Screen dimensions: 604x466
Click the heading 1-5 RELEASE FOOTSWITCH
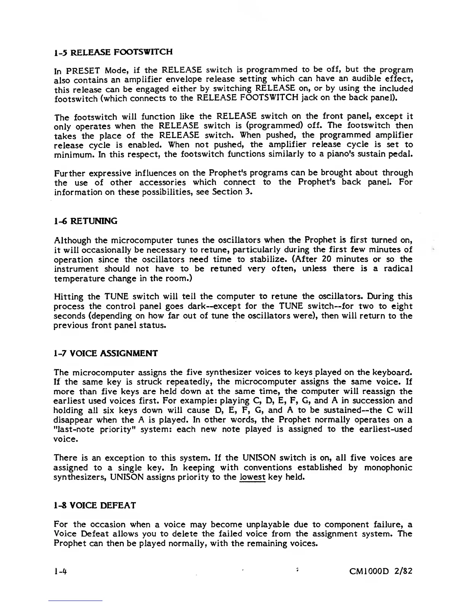(x=113, y=51)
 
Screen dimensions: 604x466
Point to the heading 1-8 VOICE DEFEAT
(x=95, y=506)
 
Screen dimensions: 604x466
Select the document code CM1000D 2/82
(x=381, y=571)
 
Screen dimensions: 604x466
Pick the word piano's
(x=342, y=154)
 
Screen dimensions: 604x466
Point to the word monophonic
(x=388, y=468)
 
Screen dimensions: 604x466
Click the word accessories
(x=163, y=183)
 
